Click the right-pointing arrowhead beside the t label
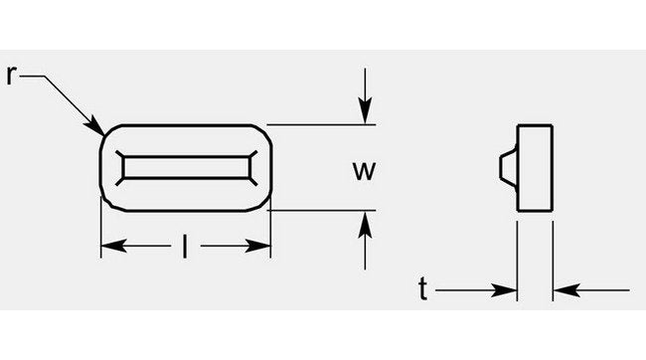pyautogui.click(x=508, y=290)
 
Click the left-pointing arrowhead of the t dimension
pyautogui.click(x=562, y=290)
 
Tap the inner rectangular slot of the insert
pyautogui.click(x=185, y=167)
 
